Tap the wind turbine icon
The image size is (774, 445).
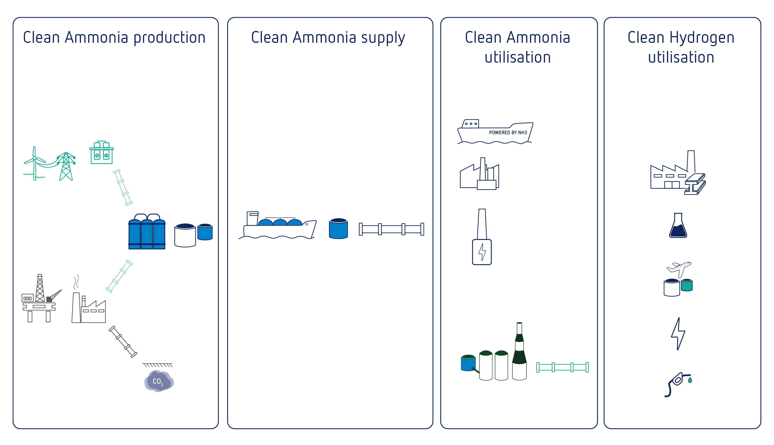[35, 164]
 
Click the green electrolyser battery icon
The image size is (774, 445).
[102, 153]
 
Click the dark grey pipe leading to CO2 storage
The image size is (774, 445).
[123, 342]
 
